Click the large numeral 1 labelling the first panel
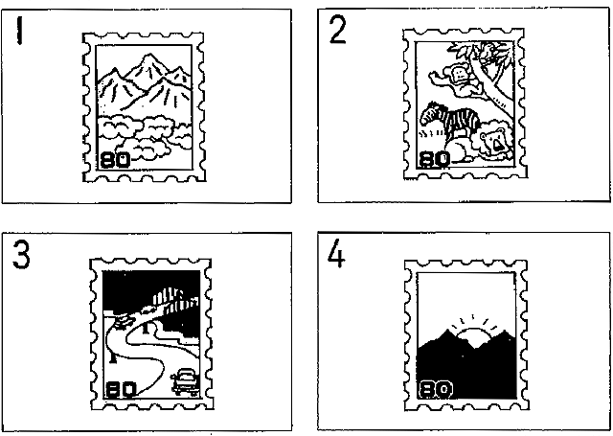point(19,30)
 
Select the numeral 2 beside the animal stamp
point(337,30)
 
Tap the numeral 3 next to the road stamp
point(21,254)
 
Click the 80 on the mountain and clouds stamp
point(115,160)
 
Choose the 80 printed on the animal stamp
point(434,159)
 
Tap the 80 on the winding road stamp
point(122,389)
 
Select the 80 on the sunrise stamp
point(436,389)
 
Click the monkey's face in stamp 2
point(457,75)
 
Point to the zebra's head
point(429,113)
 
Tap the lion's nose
point(497,146)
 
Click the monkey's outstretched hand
point(433,76)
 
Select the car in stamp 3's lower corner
point(185,382)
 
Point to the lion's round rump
point(460,149)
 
